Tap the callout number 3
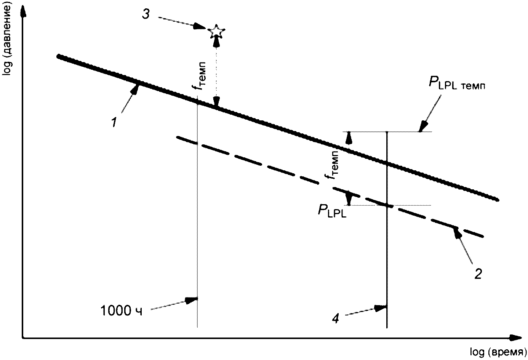click(x=146, y=14)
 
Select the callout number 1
click(x=114, y=123)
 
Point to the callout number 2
click(x=478, y=274)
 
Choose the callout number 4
click(x=335, y=319)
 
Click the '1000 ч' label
click(x=122, y=311)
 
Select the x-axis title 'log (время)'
click(x=498, y=353)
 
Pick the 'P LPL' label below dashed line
click(x=332, y=211)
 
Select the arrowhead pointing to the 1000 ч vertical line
click(x=192, y=300)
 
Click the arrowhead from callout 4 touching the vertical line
click(x=381, y=308)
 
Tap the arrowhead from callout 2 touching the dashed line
click(x=457, y=232)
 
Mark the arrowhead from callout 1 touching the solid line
click(x=135, y=89)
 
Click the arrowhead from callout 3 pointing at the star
click(x=200, y=27)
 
